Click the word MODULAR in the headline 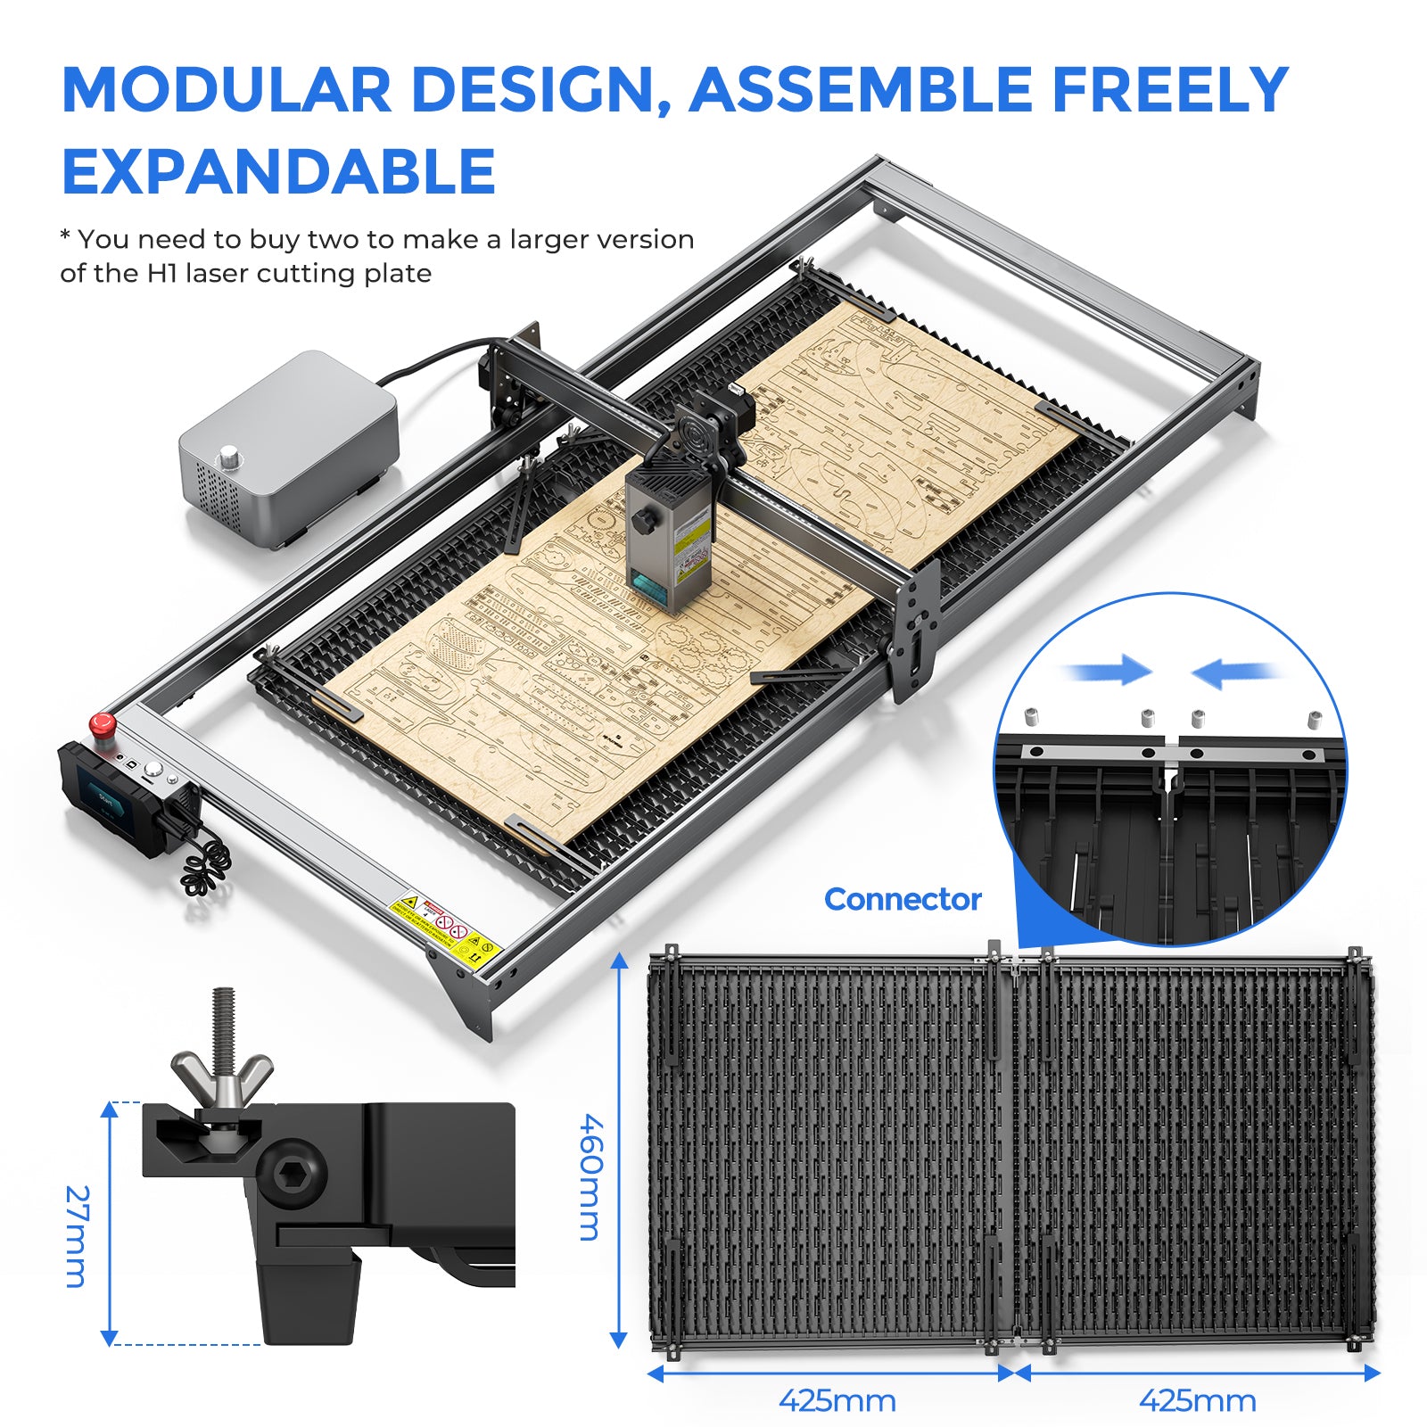tap(227, 90)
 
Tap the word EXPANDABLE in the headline tap(278, 172)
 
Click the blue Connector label tap(903, 899)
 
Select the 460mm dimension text tap(591, 1176)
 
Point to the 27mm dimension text tap(78, 1236)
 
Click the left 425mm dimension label tap(837, 1401)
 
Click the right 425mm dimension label tap(1197, 1401)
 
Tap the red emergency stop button tap(102, 723)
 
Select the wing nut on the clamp tap(222, 1074)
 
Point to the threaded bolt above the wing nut tap(223, 1017)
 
